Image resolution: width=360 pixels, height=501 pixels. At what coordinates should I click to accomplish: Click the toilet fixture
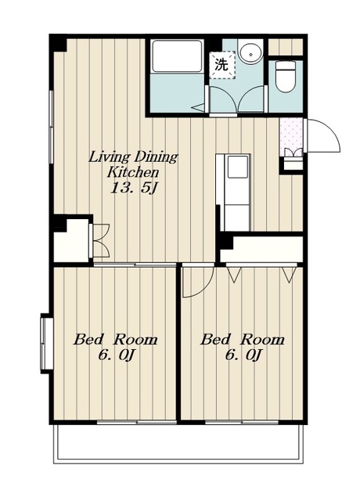click(x=285, y=76)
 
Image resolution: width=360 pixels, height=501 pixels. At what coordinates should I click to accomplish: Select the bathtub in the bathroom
click(x=177, y=56)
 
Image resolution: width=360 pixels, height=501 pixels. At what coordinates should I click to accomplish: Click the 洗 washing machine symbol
click(x=222, y=65)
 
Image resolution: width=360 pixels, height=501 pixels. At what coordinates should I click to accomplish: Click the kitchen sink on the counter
click(x=237, y=167)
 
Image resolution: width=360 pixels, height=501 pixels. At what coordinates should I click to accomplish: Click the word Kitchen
click(x=133, y=172)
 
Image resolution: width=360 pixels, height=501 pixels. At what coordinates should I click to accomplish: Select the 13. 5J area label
click(x=134, y=188)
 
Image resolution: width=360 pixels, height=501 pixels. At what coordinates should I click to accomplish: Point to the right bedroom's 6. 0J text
click(x=243, y=355)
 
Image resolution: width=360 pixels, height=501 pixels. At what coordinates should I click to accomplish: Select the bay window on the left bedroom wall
click(x=47, y=344)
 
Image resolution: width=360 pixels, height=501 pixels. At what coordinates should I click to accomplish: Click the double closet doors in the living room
click(x=101, y=240)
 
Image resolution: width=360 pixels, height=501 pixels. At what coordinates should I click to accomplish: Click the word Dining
click(x=156, y=157)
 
